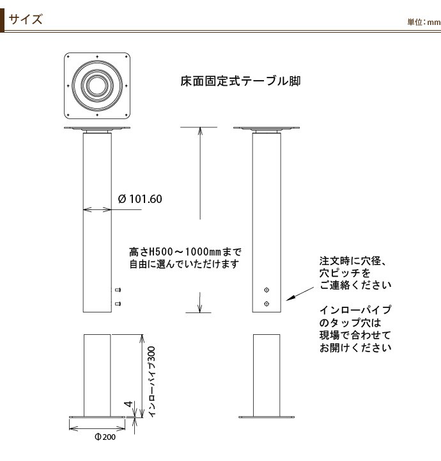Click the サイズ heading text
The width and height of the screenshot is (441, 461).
click(x=26, y=19)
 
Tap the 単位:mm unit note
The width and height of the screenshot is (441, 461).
click(x=424, y=22)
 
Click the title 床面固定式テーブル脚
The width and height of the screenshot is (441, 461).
click(x=240, y=81)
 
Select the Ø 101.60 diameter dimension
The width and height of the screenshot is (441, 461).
click(x=140, y=199)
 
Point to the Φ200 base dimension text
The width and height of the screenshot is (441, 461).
click(x=105, y=437)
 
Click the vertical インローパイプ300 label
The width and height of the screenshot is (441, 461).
click(x=151, y=382)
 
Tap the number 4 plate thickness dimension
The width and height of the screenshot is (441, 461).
click(x=128, y=404)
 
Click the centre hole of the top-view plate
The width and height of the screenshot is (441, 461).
click(x=97, y=86)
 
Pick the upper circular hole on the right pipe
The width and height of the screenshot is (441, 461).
click(x=267, y=290)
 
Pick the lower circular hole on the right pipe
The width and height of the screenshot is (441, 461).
click(x=267, y=303)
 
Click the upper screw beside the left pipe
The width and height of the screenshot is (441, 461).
click(x=118, y=290)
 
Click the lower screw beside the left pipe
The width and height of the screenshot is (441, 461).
click(x=118, y=303)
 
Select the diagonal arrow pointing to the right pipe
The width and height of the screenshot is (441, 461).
click(x=300, y=294)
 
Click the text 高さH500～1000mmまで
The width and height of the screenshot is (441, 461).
click(x=185, y=252)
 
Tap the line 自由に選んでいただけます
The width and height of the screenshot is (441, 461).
click(x=184, y=264)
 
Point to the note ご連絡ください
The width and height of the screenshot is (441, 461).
click(x=355, y=285)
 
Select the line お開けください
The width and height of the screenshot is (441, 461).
click(x=355, y=348)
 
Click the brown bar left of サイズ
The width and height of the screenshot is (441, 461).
click(x=2, y=20)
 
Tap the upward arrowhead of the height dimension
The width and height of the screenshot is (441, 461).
click(x=200, y=131)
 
